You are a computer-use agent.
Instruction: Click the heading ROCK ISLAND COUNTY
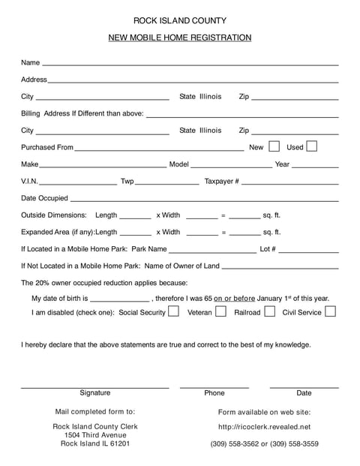(x=180, y=20)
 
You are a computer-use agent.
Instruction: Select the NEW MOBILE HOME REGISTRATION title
(x=180, y=38)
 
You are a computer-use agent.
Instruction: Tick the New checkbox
(x=274, y=146)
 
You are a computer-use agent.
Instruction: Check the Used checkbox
(x=312, y=146)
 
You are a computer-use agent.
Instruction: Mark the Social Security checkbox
(x=173, y=311)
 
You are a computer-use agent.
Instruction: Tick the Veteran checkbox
(x=220, y=311)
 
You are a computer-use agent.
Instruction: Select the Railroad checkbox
(x=270, y=311)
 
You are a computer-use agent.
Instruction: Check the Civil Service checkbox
(x=330, y=311)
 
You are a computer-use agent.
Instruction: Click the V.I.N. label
(x=29, y=182)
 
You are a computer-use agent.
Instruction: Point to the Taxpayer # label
(x=222, y=182)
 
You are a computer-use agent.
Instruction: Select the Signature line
(x=94, y=386)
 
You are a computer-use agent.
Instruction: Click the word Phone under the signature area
(x=214, y=392)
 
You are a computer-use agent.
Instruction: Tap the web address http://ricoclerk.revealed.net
(x=264, y=427)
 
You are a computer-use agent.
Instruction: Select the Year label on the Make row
(x=282, y=164)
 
